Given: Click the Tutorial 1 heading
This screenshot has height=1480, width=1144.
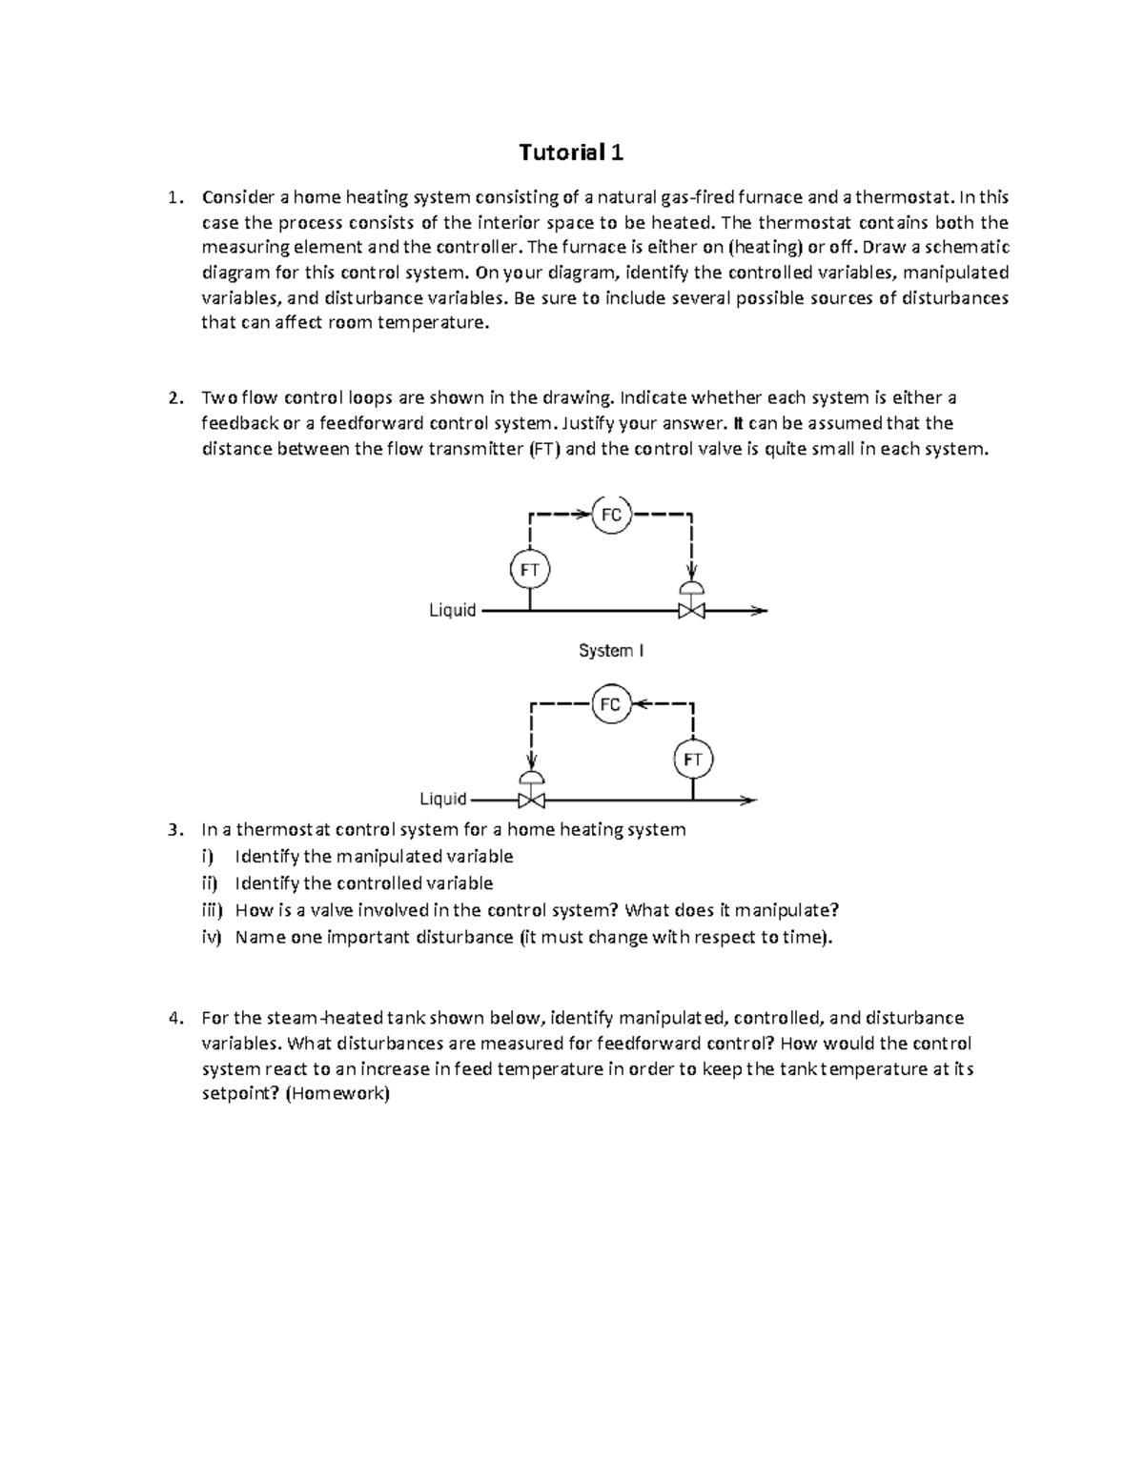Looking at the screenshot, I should coord(571,152).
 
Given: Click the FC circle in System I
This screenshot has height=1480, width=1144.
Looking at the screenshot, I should coord(610,516).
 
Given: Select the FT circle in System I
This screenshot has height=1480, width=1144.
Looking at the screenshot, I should coord(529,571).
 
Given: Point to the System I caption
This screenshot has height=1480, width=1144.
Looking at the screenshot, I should coord(611,651).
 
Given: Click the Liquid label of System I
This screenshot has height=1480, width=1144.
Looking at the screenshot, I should coord(452,610).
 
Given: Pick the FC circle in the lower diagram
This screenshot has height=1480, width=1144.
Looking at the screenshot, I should coord(610,704).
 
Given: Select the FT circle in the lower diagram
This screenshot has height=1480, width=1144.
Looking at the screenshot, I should coord(693,760).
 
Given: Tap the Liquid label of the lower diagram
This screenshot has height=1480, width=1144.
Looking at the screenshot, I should coord(443,799).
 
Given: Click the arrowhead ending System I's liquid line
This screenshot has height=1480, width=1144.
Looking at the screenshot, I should coord(759,611).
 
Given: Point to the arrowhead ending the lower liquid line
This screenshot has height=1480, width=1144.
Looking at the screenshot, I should coord(750,800).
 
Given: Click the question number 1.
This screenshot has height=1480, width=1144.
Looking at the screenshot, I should coord(173,198).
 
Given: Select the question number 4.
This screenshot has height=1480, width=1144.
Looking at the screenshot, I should coord(173,1018).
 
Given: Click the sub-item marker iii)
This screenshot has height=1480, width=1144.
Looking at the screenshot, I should coord(209,910).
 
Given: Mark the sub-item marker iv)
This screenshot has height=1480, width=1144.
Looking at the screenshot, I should coord(211,937).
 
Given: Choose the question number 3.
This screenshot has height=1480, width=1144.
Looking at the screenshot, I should coord(173,829).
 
